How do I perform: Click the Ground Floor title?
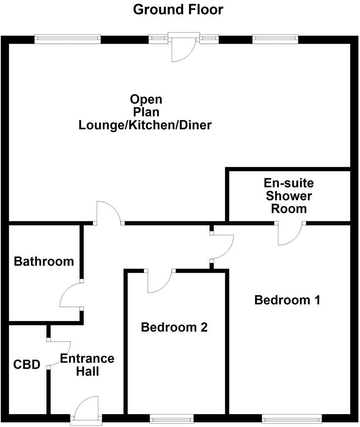click(178, 9)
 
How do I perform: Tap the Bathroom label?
click(44, 261)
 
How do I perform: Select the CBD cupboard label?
click(27, 365)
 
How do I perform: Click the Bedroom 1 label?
click(287, 300)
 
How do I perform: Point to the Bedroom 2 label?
click(174, 327)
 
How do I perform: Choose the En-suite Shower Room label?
click(289, 196)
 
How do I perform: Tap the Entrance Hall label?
click(87, 365)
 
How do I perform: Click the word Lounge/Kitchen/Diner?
click(145, 125)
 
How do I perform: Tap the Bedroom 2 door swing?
click(160, 281)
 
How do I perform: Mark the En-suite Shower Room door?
click(290, 234)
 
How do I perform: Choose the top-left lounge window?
click(67, 39)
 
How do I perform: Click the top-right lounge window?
click(275, 39)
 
